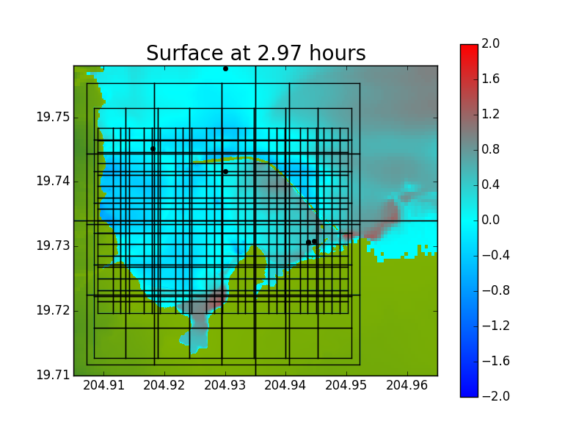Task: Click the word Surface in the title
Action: coord(185,53)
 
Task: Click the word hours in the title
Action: coord(338,53)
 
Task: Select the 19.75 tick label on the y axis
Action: coord(53,117)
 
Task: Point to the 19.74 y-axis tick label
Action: coord(53,182)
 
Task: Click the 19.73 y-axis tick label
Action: coord(53,246)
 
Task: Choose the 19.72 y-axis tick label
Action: coord(53,310)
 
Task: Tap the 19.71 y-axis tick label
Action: coord(53,375)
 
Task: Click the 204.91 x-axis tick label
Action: coord(103,385)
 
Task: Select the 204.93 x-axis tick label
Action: coord(225,385)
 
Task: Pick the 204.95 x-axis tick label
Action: coord(346,385)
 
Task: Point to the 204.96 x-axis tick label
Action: coord(407,385)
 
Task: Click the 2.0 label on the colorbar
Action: coord(490,43)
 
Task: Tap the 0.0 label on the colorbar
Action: coord(490,220)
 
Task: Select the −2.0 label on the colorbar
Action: coord(496,396)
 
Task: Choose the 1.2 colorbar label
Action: coord(490,114)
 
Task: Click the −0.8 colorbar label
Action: coord(496,290)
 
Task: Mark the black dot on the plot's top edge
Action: coord(225,68)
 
